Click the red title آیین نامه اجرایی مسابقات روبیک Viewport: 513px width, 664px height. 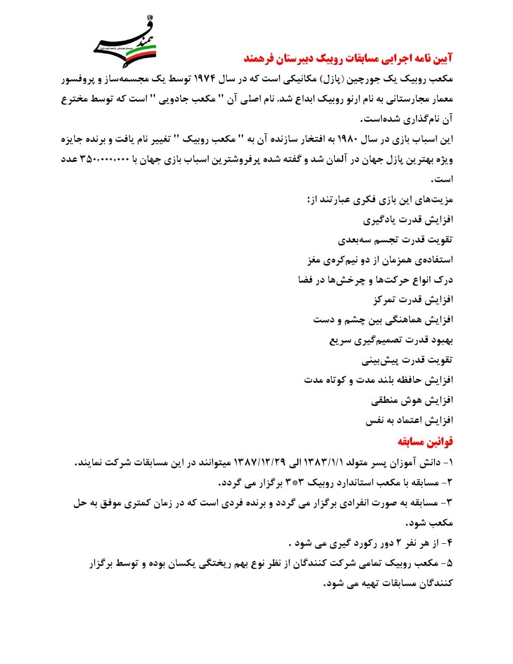point(348,58)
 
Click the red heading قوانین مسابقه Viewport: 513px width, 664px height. point(425,441)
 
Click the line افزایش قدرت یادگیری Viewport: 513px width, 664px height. point(408,220)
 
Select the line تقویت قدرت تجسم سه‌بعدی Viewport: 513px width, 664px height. point(395,240)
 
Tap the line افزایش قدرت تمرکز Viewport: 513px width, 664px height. point(413,300)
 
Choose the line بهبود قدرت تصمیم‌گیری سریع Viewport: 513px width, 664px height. point(391,340)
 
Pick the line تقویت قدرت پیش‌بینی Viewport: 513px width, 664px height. point(407,360)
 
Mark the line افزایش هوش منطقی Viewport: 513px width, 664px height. point(412,400)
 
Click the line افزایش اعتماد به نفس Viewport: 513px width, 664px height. point(409,421)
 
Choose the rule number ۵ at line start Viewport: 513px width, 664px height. point(449,563)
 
